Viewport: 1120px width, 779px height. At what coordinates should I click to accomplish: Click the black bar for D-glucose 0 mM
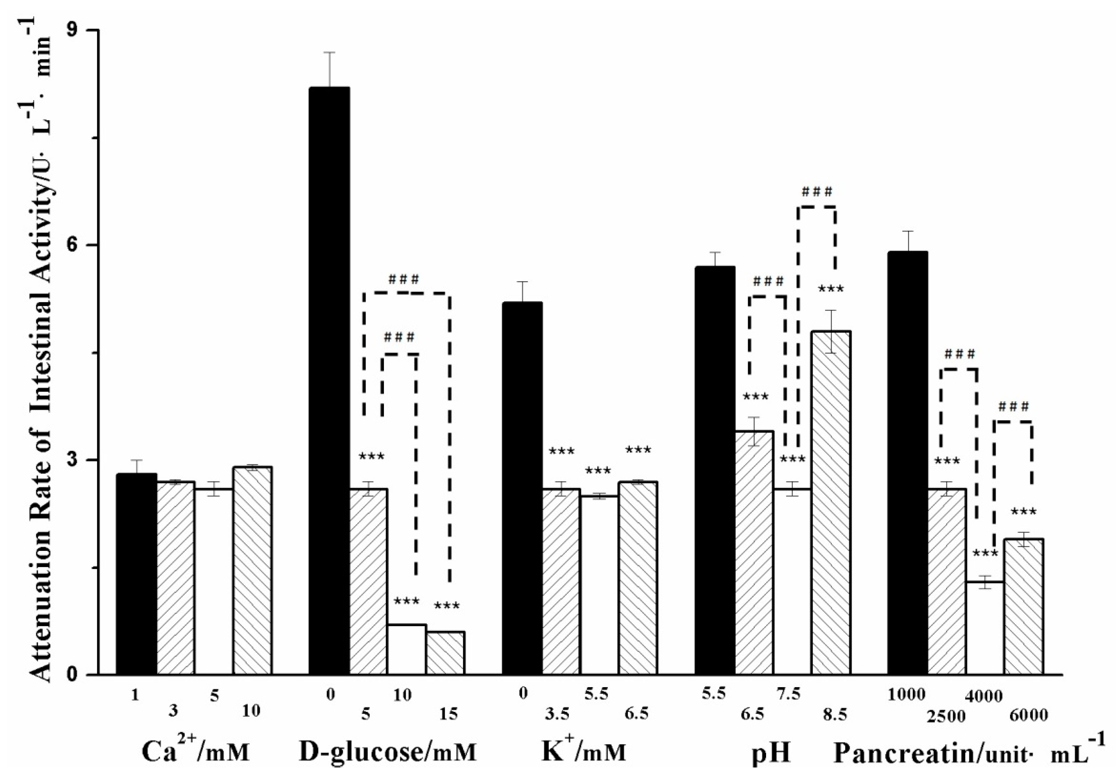[329, 380]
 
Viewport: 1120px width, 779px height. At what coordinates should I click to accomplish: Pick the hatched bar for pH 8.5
[831, 502]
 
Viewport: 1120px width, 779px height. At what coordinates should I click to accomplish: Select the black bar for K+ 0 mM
[522, 488]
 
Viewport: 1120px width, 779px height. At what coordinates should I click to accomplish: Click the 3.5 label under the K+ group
[557, 715]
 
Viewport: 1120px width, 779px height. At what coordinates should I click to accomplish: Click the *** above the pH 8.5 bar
[830, 290]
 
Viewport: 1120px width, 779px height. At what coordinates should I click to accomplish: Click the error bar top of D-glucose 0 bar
[330, 52]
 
